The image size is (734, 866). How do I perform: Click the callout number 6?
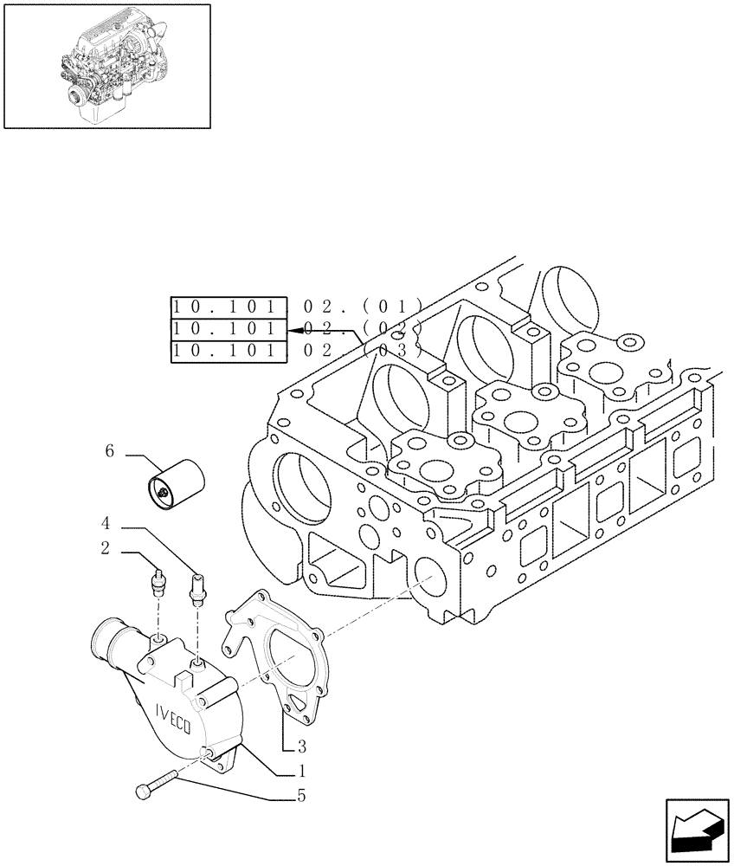pos(110,452)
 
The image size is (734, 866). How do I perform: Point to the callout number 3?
pos(301,746)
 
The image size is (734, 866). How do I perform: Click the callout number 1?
pos(301,771)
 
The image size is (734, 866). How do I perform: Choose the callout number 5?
pos(301,796)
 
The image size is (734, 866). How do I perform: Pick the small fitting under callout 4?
pos(197,585)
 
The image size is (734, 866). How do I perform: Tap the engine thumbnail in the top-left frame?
pos(107,65)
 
